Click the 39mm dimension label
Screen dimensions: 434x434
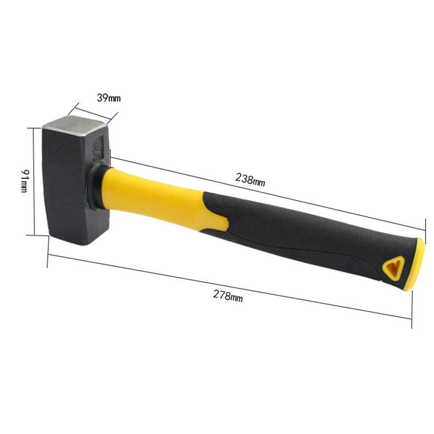pyautogui.click(x=108, y=98)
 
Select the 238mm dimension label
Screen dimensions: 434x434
pyautogui.click(x=250, y=180)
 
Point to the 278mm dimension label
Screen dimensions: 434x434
pyautogui.click(x=228, y=296)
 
